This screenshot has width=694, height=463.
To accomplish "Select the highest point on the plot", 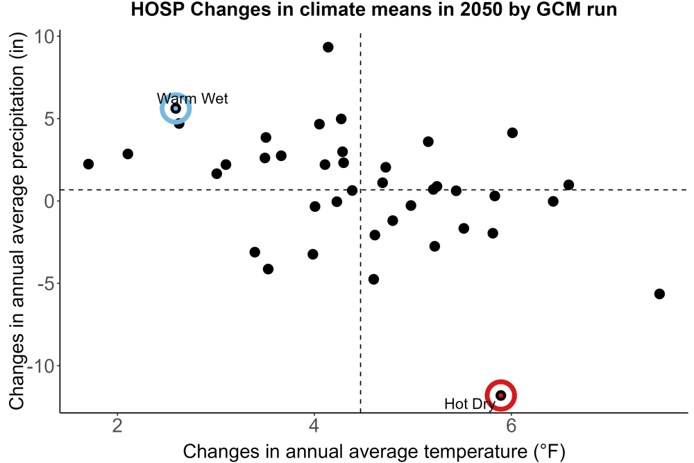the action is [x=328, y=47].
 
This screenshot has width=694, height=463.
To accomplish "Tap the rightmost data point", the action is [x=659, y=294].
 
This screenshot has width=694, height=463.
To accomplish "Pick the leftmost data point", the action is [x=89, y=165].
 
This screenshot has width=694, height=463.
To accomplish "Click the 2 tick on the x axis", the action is [x=117, y=426].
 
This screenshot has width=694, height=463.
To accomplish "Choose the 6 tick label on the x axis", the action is [x=511, y=426].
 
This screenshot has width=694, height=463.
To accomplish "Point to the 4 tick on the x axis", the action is [x=314, y=426].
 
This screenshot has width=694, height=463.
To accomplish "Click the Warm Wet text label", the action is [x=192, y=99].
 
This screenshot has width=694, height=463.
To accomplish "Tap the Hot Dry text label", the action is [x=470, y=404].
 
